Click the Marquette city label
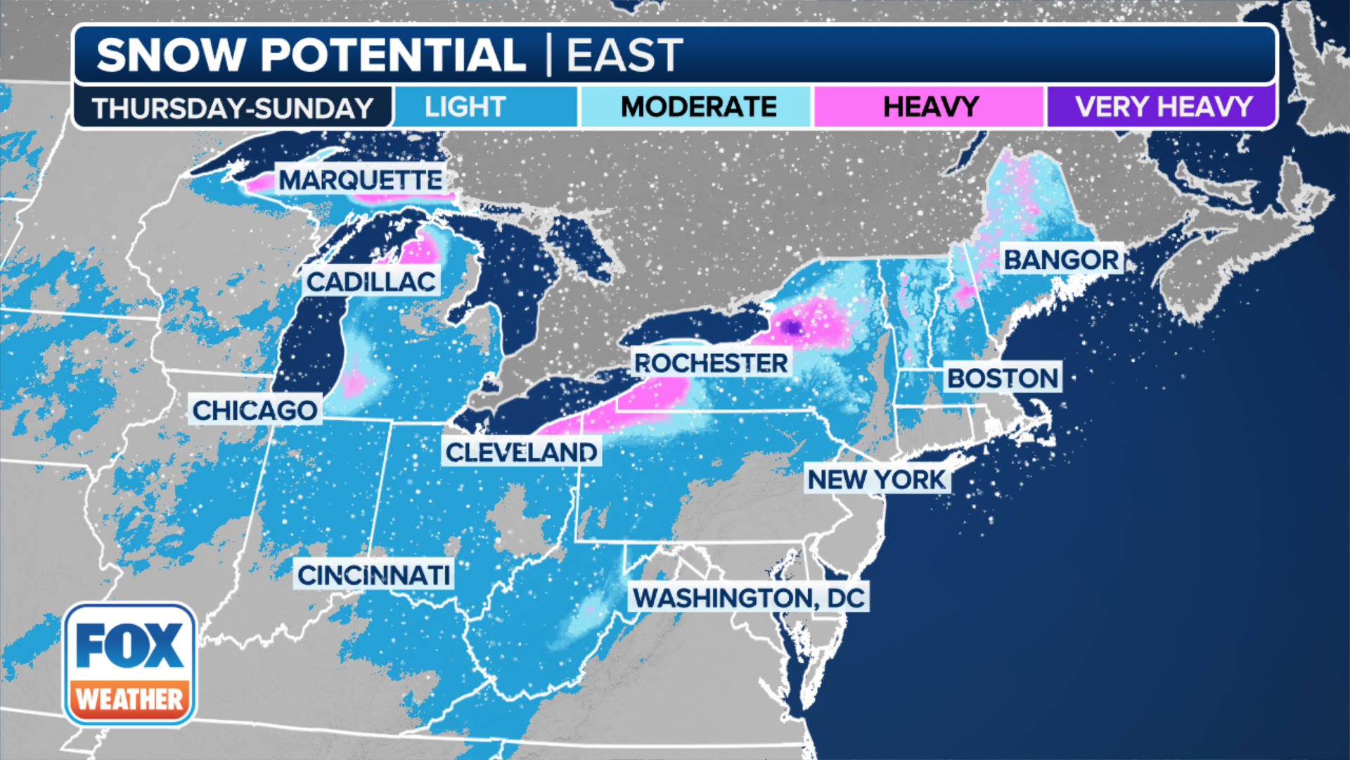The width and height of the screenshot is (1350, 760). tap(360, 180)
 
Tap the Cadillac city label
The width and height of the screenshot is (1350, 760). tap(371, 282)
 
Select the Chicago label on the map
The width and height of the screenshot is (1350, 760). tap(255, 410)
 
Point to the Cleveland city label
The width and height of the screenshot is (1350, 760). tap(521, 452)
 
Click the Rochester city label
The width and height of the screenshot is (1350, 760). tap(710, 363)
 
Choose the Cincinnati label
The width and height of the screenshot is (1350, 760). tap(373, 576)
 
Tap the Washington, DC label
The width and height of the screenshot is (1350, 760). tap(748, 598)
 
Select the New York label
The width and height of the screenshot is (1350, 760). tap(876, 480)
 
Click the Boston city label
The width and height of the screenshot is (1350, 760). tap(1003, 379)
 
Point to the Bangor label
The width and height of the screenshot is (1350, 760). tap(1060, 260)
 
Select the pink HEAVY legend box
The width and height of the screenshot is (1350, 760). tap(930, 107)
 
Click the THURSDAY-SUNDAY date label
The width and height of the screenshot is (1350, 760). tap(232, 108)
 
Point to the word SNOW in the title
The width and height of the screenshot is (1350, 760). tap(170, 55)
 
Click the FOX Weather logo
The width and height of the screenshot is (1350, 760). tap(130, 664)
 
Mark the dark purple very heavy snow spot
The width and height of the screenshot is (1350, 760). tap(792, 327)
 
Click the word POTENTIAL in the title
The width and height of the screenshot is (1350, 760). tap(394, 55)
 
